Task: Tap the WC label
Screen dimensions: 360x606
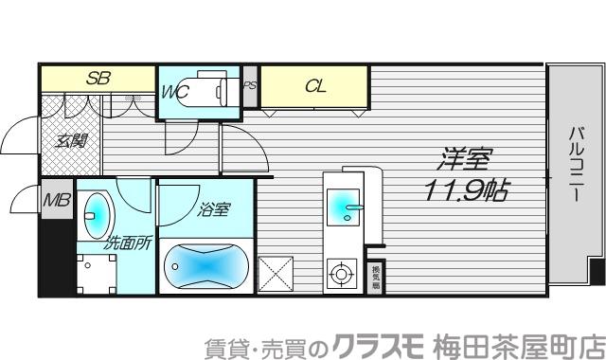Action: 176,92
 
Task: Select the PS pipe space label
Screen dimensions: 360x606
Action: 250,85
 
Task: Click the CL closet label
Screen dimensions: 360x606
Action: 315,85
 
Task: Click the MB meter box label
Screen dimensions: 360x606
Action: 56,201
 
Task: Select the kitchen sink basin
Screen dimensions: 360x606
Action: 340,201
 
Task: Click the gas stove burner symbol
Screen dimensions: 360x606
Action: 339,275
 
